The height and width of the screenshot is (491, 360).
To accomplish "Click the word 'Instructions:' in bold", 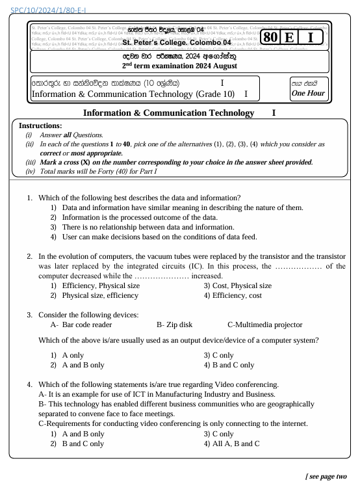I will (40, 125).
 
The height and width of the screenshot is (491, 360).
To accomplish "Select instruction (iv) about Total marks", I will (97, 171).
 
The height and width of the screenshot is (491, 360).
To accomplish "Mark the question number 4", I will (30, 384).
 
